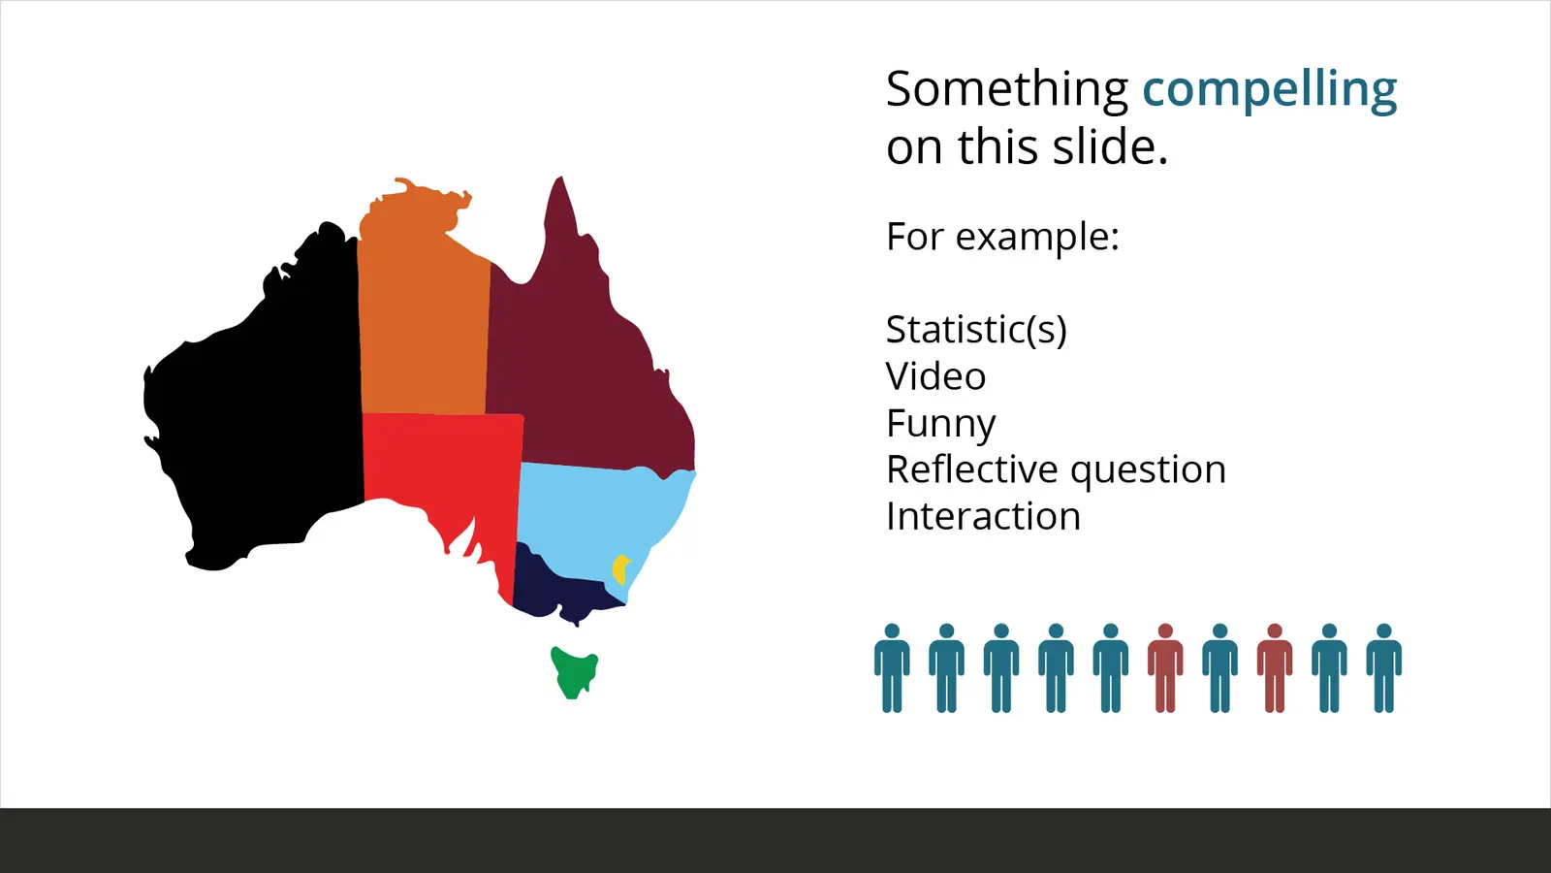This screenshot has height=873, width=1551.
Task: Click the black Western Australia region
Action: click(263, 408)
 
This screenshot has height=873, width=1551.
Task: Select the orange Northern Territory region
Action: click(423, 311)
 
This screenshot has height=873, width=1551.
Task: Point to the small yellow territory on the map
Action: click(621, 569)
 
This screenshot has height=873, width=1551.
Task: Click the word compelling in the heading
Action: click(1269, 91)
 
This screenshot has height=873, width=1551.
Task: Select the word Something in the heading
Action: click(1007, 91)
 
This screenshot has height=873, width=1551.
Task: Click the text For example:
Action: click(1002, 237)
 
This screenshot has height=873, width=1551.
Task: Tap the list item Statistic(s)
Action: click(976, 329)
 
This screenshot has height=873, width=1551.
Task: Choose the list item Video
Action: click(935, 376)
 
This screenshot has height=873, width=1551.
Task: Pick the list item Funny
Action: click(941, 424)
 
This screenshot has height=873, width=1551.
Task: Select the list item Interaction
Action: click(983, 516)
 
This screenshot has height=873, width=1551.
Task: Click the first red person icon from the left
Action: click(1165, 668)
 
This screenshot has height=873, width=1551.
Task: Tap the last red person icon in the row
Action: click(1275, 668)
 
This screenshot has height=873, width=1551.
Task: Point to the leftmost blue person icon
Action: click(892, 668)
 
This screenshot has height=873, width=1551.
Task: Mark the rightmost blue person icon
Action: click(1383, 668)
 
